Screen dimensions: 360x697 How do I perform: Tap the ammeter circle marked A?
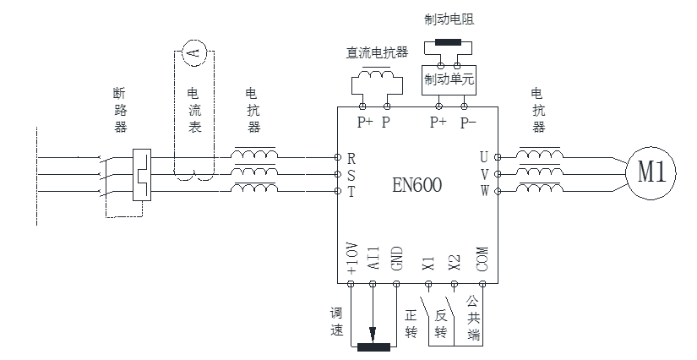click(193, 52)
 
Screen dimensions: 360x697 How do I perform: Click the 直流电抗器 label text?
click(377, 52)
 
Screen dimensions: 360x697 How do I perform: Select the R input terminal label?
click(351, 158)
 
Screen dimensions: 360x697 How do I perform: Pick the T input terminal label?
click(351, 192)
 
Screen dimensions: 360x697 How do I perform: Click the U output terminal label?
click(483, 157)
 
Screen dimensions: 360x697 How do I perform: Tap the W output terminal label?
click(483, 191)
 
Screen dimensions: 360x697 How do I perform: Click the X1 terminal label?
click(428, 264)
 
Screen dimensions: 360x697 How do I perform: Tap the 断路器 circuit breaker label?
click(120, 110)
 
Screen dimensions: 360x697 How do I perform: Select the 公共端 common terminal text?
click(473, 316)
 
